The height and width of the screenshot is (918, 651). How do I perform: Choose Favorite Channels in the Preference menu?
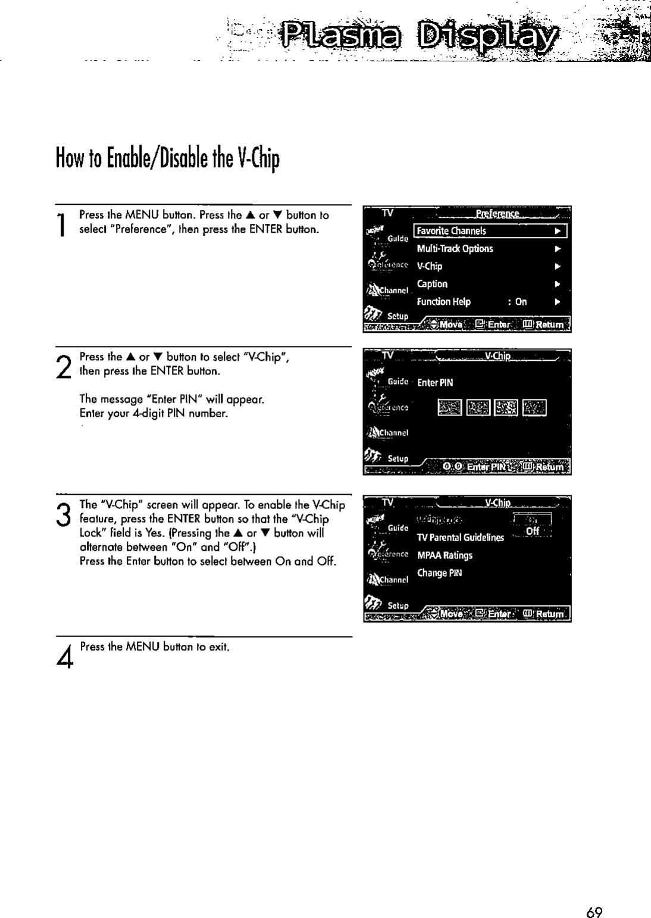click(452, 231)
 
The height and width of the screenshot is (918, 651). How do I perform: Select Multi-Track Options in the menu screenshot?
click(455, 249)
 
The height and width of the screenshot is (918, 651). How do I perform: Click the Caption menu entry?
click(432, 284)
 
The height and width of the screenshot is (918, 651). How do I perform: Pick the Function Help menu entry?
click(444, 302)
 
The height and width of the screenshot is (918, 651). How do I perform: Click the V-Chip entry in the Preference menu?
click(430, 266)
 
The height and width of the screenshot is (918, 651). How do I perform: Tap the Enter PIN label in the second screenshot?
click(435, 383)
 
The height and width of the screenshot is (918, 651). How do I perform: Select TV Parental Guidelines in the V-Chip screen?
click(461, 538)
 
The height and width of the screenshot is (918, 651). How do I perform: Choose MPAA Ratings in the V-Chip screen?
click(445, 555)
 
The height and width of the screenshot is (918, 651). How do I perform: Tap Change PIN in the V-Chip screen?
click(439, 573)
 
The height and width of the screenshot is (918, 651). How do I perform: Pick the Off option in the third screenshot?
click(532, 531)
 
